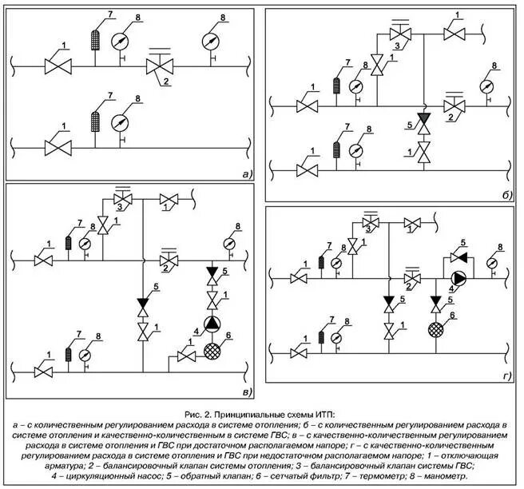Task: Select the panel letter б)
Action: pyautogui.click(x=506, y=194)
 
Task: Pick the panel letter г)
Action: pyautogui.click(x=506, y=376)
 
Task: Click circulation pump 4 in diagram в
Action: pyautogui.click(x=212, y=324)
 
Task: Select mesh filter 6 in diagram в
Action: pyautogui.click(x=212, y=348)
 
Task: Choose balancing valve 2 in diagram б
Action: pyautogui.click(x=455, y=105)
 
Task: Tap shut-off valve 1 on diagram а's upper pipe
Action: pyautogui.click(x=58, y=64)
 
